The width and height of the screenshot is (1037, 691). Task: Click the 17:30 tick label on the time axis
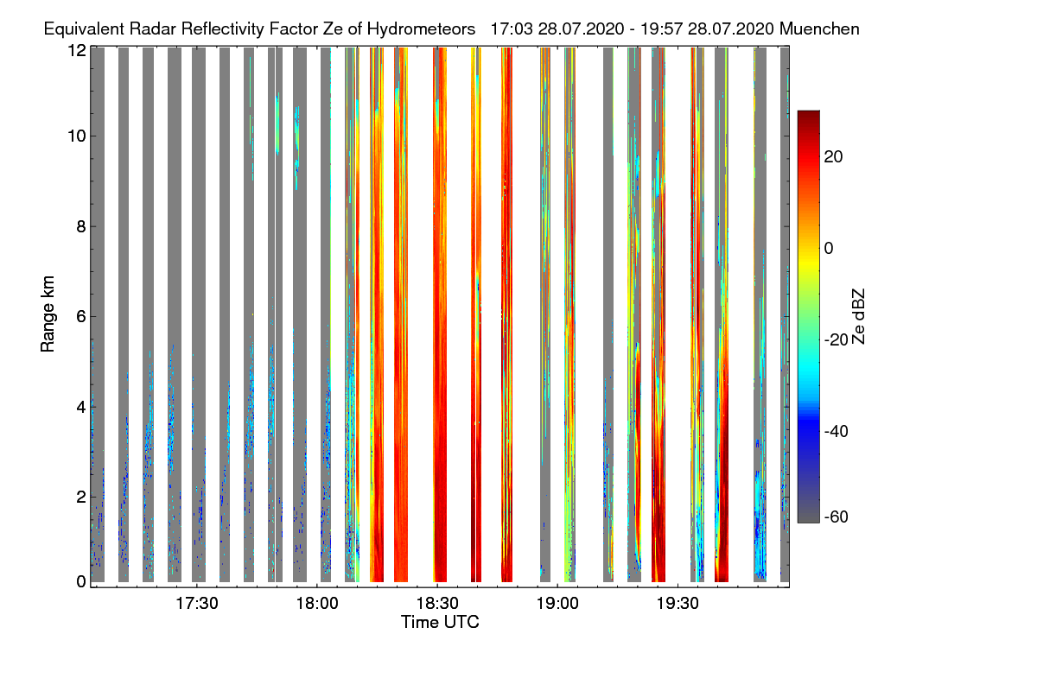[x=198, y=605]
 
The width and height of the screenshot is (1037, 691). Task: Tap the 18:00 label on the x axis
[x=318, y=605]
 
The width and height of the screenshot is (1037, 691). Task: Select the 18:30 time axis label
[x=438, y=605]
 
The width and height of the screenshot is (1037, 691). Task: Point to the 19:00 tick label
[x=557, y=605]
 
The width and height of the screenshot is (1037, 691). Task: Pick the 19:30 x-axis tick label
[x=678, y=605]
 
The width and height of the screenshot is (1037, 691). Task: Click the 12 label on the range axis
[x=76, y=50]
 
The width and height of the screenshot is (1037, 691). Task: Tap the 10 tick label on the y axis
[x=76, y=136]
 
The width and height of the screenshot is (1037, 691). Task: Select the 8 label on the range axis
[x=80, y=227]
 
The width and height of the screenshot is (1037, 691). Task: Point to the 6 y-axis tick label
[x=80, y=317]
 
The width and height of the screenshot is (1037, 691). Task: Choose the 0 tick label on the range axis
[x=80, y=581]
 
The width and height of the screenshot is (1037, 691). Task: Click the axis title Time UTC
[x=440, y=622]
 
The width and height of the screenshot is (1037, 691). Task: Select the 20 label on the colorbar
[x=834, y=156]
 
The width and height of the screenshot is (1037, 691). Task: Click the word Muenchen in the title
[x=819, y=29]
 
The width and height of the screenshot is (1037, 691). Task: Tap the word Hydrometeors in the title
[x=421, y=29]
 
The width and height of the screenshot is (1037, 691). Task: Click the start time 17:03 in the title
[x=511, y=29]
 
